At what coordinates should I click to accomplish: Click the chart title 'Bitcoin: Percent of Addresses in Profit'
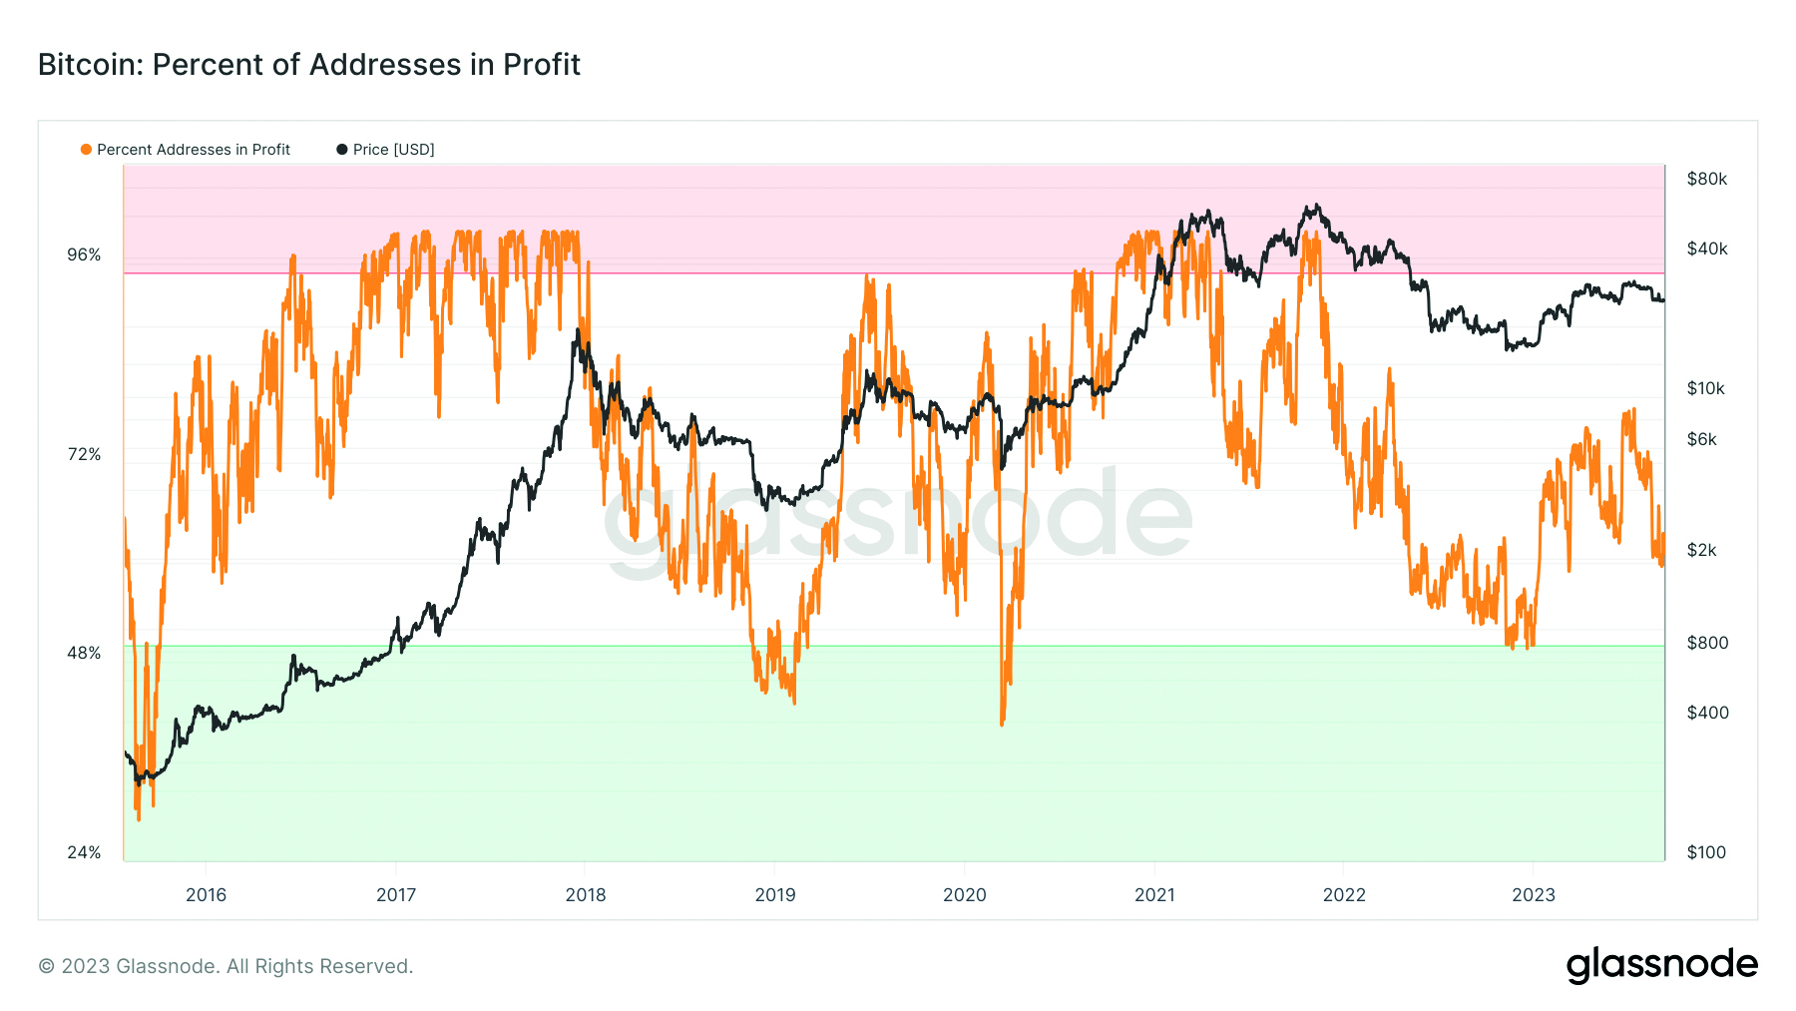click(309, 65)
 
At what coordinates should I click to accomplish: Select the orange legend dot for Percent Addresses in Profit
click(86, 150)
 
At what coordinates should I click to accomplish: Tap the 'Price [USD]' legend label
click(393, 150)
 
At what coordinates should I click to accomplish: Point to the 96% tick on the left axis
click(84, 255)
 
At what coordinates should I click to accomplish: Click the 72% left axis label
click(84, 455)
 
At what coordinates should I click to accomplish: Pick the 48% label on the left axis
click(84, 654)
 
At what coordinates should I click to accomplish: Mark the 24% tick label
click(84, 853)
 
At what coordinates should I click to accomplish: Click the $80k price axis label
click(1706, 180)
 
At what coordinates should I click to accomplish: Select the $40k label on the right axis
click(1706, 250)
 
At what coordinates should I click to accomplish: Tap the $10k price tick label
click(1705, 389)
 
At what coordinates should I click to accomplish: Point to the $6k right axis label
click(1701, 440)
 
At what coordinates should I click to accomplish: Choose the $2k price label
click(1701, 551)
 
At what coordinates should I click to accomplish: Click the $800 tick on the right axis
click(1707, 644)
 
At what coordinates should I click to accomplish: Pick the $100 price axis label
click(1706, 853)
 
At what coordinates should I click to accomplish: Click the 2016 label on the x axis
click(206, 895)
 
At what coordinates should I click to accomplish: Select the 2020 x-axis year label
click(964, 895)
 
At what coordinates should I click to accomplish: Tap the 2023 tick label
click(1533, 895)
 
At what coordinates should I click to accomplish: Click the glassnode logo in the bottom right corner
click(1661, 966)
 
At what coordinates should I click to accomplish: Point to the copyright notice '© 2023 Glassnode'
click(225, 966)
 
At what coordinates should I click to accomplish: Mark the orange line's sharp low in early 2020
click(1002, 723)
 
